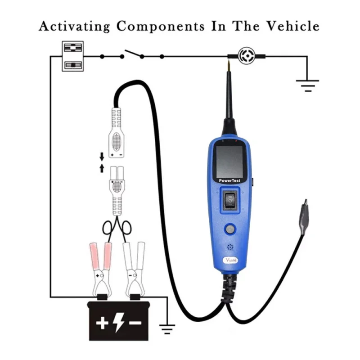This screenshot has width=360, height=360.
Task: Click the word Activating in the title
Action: (74, 26)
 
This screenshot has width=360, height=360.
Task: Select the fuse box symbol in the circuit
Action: (72, 56)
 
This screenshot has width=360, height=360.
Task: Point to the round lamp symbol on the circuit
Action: (246, 56)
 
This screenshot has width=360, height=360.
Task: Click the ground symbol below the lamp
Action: (307, 84)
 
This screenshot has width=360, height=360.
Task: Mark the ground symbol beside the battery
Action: (167, 329)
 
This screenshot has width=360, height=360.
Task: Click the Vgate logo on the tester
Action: (231, 261)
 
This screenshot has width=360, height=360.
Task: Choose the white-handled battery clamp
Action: (134, 265)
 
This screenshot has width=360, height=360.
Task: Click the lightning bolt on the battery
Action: (118, 322)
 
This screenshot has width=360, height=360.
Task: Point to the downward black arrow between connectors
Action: (102, 156)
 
